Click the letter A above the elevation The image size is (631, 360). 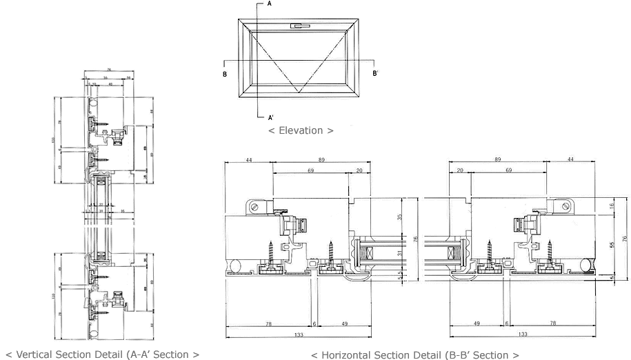(x=269, y=4)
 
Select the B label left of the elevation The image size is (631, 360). (x=225, y=73)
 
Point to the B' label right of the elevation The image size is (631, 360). (x=375, y=73)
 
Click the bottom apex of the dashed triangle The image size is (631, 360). (x=298, y=91)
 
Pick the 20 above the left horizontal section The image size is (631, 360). (x=359, y=170)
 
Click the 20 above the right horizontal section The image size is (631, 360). (x=459, y=170)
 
